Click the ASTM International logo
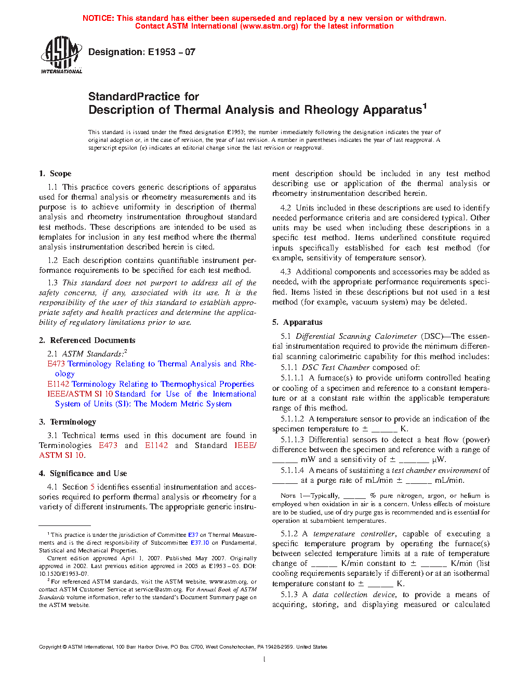61,55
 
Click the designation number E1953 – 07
171,52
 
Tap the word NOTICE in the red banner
98,18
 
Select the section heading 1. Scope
55,174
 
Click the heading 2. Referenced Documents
87,340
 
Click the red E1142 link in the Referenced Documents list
58,384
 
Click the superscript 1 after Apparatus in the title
425,107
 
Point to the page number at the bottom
264,659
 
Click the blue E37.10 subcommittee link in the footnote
200,543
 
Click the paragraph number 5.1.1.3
292,440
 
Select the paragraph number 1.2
52,260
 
